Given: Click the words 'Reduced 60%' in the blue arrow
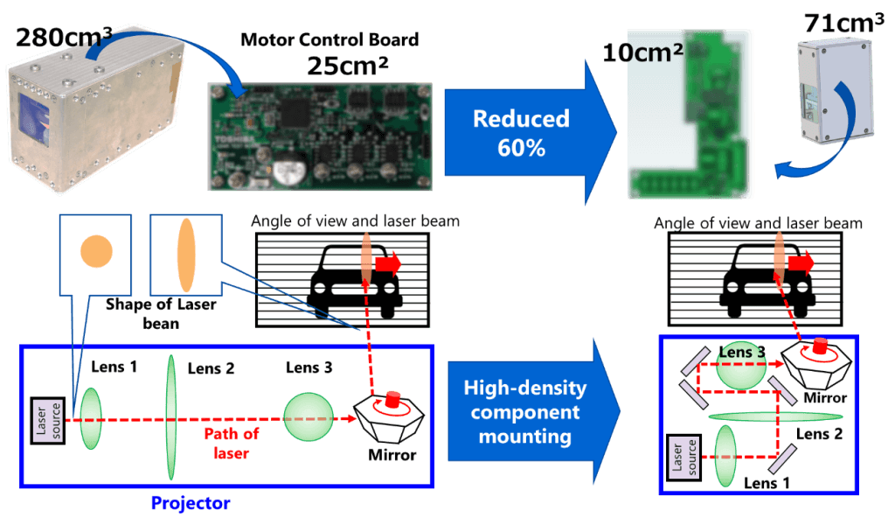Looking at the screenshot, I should pos(509,133).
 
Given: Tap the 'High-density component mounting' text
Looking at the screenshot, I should pos(524,411).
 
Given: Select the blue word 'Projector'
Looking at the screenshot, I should pos(190,504).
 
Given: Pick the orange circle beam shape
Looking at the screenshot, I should pos(96,253).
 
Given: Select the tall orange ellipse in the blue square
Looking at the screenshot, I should pos(186,253).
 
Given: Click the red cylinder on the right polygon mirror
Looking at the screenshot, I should pos(820,347).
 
